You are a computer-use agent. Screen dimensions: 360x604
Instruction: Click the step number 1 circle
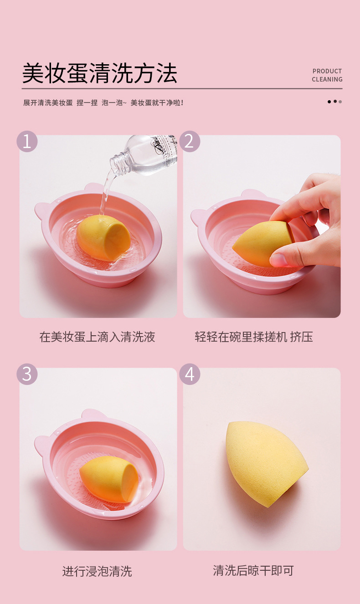(x=27, y=141)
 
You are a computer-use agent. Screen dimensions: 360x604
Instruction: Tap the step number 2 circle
(x=190, y=141)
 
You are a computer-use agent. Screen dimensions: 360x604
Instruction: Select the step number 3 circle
(x=27, y=374)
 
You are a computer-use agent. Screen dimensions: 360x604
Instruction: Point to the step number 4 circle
(x=190, y=374)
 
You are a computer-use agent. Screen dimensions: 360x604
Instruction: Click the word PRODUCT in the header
(x=327, y=71)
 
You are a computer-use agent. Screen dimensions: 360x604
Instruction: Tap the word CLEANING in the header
(x=327, y=79)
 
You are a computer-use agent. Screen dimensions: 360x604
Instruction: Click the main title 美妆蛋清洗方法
(x=99, y=73)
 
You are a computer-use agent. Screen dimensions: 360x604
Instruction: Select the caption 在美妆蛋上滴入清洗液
(x=98, y=337)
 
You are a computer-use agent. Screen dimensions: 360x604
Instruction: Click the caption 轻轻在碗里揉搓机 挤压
(x=254, y=337)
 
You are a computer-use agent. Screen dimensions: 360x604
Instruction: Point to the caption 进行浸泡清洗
(x=97, y=571)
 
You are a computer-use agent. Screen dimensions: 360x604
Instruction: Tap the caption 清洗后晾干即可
(x=253, y=571)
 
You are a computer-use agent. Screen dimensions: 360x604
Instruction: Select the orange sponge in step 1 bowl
(x=103, y=238)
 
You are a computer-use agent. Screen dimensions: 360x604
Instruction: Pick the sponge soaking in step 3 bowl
(x=109, y=479)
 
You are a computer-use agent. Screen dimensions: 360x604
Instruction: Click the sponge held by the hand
(x=263, y=243)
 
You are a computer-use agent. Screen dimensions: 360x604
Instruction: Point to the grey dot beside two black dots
(x=340, y=102)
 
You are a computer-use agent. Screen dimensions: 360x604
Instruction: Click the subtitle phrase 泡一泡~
(x=114, y=103)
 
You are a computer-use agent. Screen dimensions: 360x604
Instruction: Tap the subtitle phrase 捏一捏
(x=87, y=103)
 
